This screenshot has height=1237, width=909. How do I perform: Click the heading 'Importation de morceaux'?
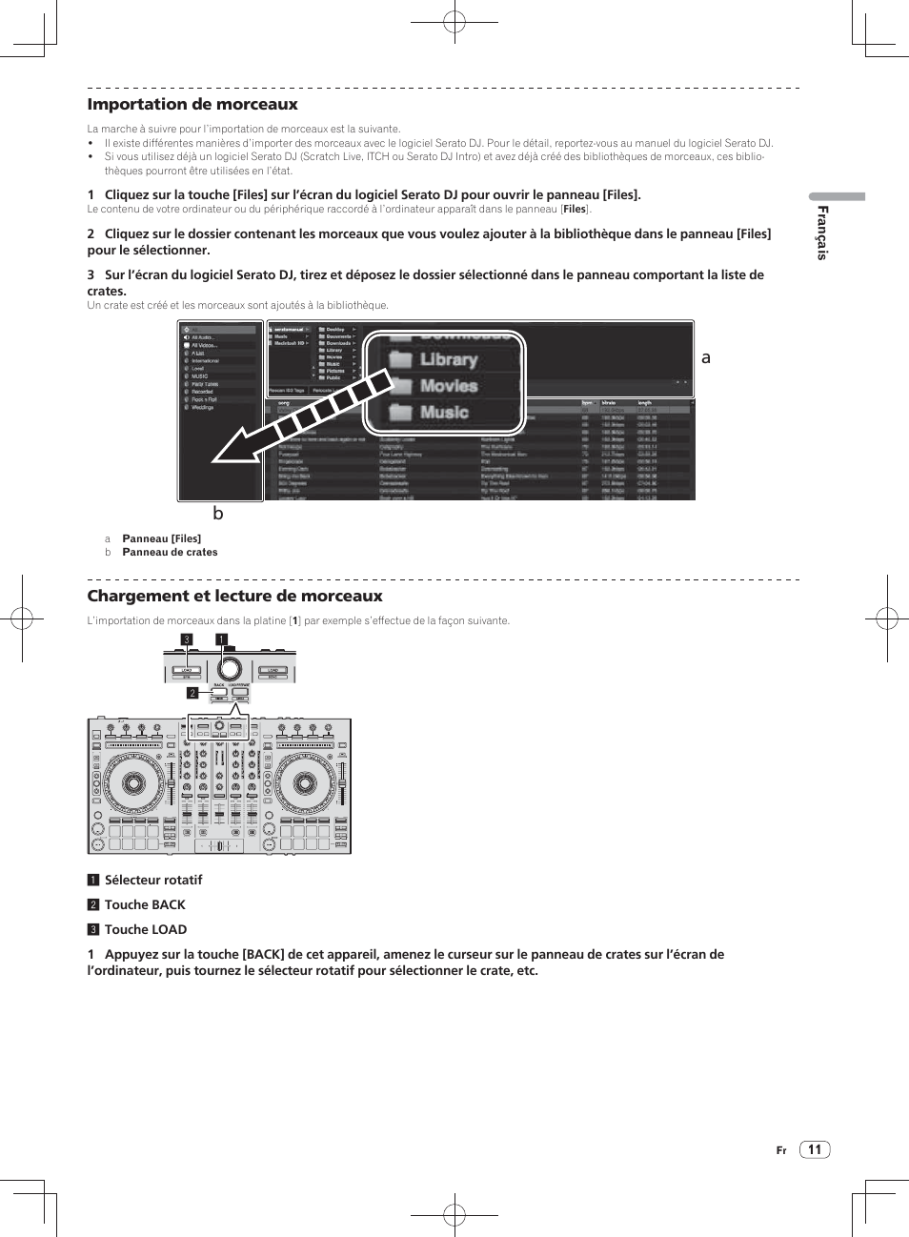(192, 105)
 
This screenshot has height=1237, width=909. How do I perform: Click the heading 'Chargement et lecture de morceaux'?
(234, 597)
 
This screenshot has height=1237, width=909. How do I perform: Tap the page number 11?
(815, 1149)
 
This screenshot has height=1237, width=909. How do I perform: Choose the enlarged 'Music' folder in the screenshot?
(444, 413)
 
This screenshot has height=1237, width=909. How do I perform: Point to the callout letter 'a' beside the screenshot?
(706, 358)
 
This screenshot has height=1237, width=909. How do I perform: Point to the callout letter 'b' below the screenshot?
(218, 514)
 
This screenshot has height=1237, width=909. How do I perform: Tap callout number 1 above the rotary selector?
(221, 639)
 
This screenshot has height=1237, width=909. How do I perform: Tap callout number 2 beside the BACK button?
(192, 693)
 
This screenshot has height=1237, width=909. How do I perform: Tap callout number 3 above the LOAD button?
(188, 639)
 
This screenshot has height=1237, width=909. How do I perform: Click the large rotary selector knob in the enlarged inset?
(229, 666)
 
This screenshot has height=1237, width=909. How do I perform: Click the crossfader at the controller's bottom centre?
(219, 846)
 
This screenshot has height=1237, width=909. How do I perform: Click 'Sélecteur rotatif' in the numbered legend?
(153, 881)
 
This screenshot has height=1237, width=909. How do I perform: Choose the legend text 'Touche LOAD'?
(146, 930)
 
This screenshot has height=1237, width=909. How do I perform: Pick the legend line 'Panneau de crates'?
(170, 553)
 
